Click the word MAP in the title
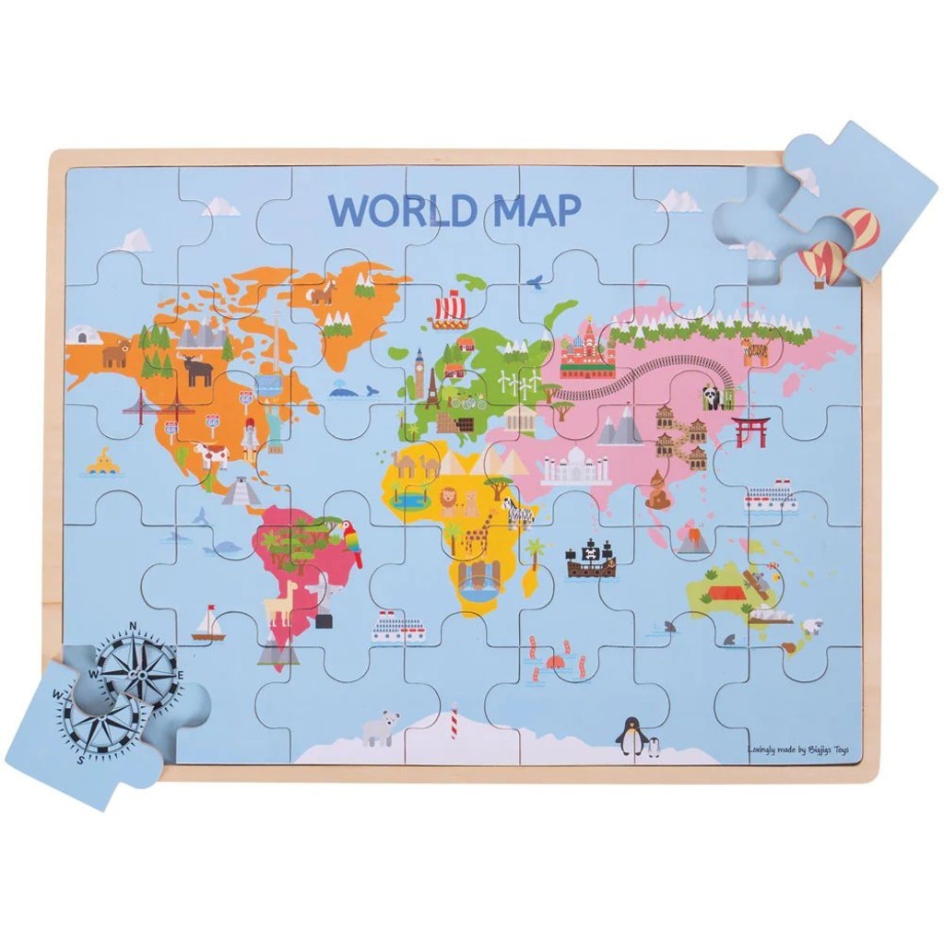click(x=537, y=210)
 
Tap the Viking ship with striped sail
click(x=450, y=309)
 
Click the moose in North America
click(x=196, y=370)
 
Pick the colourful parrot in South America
click(x=350, y=541)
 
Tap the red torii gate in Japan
click(x=750, y=431)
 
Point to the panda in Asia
click(x=713, y=397)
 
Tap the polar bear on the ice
click(x=380, y=727)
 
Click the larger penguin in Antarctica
click(x=631, y=736)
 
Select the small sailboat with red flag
click(x=208, y=624)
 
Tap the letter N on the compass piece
click(x=132, y=627)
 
